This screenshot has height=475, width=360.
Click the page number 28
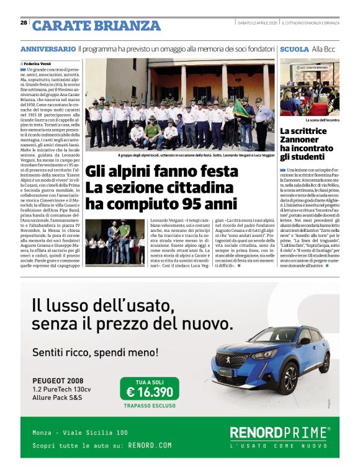[24, 22]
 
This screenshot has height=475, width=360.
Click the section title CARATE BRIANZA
[96, 25]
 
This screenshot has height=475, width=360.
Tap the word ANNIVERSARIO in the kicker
[48, 48]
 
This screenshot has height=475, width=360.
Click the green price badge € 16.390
[150, 391]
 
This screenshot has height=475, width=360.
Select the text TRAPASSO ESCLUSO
[150, 406]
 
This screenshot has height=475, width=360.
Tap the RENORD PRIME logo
[279, 432]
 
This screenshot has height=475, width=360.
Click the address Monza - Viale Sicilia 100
[80, 433]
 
